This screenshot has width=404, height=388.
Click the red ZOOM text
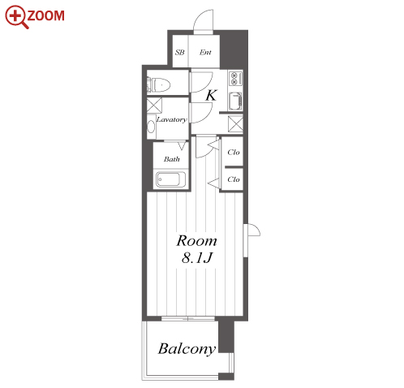click(x=46, y=15)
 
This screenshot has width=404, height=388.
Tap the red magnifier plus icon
click(x=16, y=16)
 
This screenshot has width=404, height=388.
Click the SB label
click(x=180, y=52)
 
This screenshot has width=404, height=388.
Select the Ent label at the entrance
click(x=205, y=52)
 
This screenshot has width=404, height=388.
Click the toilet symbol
click(x=158, y=85)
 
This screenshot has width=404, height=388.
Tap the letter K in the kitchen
click(x=211, y=95)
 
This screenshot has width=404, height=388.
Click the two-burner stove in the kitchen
click(x=235, y=79)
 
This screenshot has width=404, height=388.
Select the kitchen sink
click(x=235, y=101)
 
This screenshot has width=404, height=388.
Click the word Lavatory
click(x=171, y=119)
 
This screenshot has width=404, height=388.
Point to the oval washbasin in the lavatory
click(x=151, y=127)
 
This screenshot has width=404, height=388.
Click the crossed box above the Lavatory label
click(x=154, y=106)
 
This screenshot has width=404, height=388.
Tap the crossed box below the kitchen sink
click(x=235, y=124)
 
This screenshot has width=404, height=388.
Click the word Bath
click(x=172, y=159)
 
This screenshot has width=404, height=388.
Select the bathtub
click(x=170, y=179)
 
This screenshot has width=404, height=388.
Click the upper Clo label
click(x=234, y=153)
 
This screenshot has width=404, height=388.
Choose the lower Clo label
click(x=234, y=179)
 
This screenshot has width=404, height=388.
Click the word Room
click(x=196, y=241)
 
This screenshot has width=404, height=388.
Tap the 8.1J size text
click(x=197, y=258)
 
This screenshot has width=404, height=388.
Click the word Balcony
click(x=187, y=349)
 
